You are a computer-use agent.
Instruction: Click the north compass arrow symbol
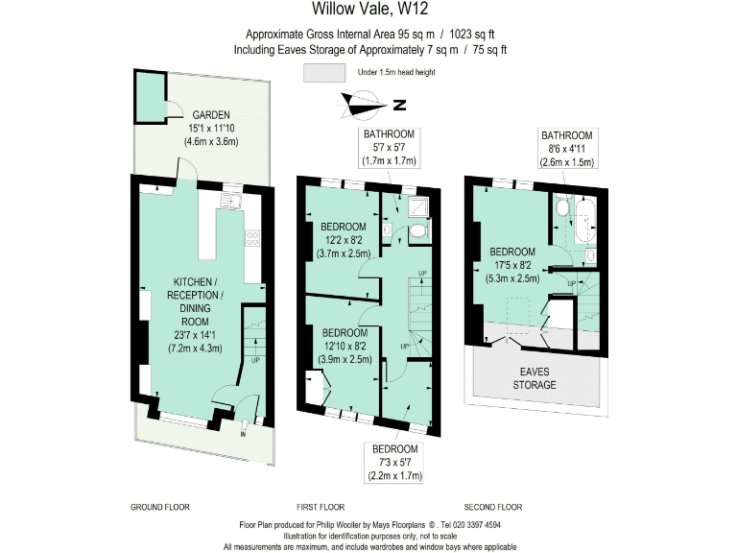click(367, 104)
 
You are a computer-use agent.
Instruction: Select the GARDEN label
click(210, 115)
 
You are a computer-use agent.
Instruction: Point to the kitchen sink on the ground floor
click(230, 202)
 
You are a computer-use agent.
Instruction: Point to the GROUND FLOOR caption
click(159, 506)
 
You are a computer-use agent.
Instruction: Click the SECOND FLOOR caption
click(492, 506)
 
